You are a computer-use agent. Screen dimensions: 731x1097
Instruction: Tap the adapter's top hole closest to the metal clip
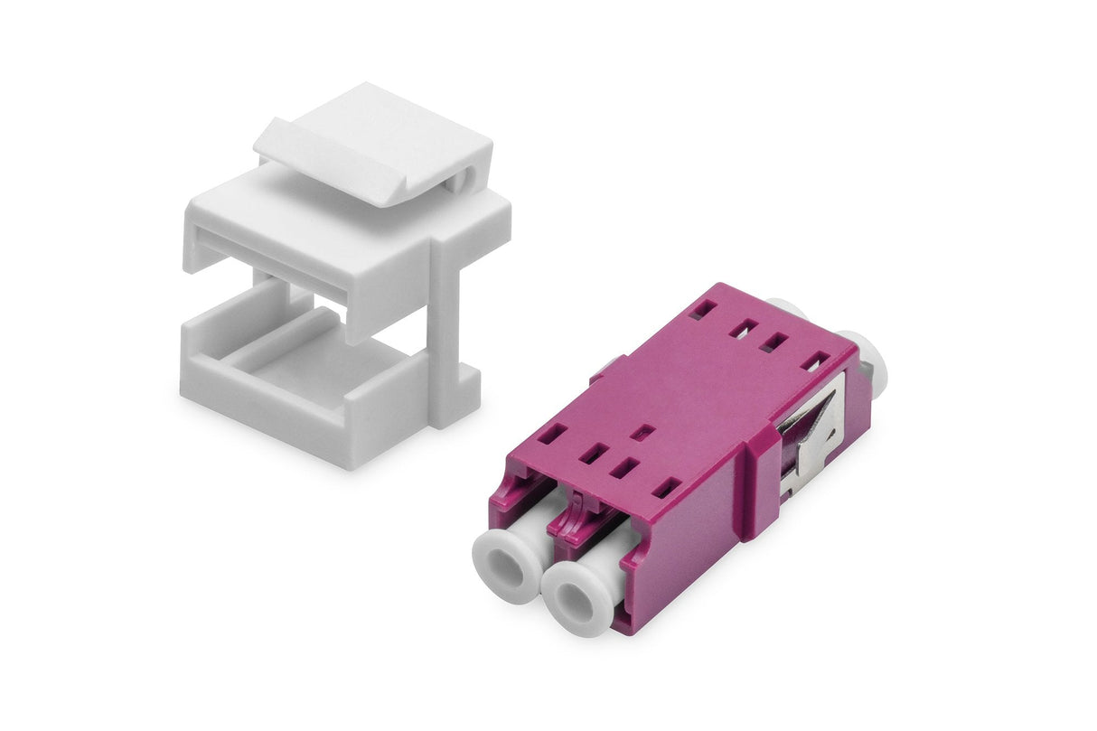click(x=814, y=361)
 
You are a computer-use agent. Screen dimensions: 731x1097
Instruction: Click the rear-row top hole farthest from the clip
click(x=700, y=310)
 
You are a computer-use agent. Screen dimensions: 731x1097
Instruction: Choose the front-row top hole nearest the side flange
click(x=666, y=488)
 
